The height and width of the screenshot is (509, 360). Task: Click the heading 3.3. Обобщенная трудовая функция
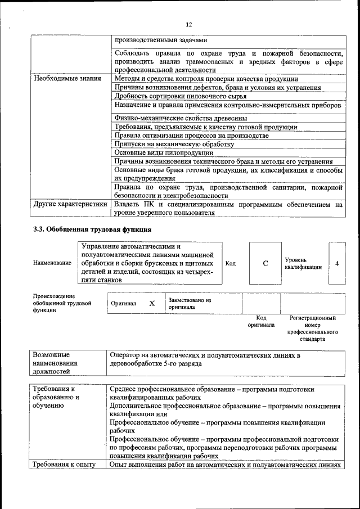(92, 229)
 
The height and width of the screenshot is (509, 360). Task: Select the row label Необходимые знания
(67, 79)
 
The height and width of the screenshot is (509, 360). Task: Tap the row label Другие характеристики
(70, 205)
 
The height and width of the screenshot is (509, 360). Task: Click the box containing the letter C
(265, 263)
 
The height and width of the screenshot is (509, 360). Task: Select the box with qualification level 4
(336, 263)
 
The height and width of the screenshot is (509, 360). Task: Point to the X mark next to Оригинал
(151, 303)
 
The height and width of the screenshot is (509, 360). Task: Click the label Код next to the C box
(230, 263)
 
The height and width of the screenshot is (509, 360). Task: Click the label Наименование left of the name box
(52, 263)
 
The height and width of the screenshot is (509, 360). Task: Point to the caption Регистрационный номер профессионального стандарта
(312, 328)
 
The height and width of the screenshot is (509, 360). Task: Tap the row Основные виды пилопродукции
(164, 152)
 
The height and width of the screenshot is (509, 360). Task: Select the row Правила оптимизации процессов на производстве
(192, 136)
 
